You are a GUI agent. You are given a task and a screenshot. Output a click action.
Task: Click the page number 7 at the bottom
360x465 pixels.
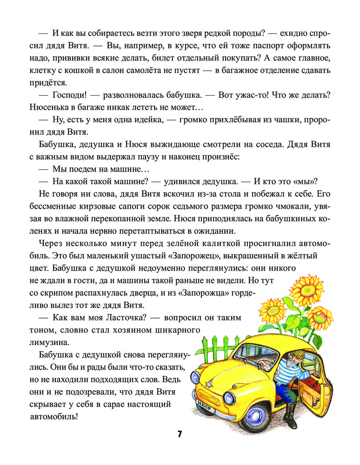point(180,434)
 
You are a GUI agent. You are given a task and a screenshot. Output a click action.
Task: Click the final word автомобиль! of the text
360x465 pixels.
point(55,416)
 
